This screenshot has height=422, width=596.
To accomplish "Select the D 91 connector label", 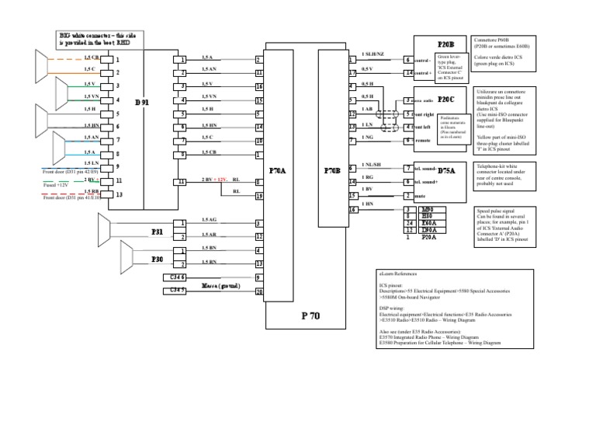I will click(x=142, y=103).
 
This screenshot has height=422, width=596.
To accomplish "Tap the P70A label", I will click(x=278, y=169).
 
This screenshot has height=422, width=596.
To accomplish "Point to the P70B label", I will click(x=334, y=169).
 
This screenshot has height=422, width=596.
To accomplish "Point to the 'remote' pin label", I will click(x=423, y=141).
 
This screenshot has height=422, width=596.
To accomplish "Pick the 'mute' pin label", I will click(x=420, y=196).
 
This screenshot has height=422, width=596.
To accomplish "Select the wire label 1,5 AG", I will click(x=210, y=220).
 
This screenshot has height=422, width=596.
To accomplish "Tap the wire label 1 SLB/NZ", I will click(x=372, y=54).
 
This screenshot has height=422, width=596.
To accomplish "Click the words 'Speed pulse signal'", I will click(x=494, y=210).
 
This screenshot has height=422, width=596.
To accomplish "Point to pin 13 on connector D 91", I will click(x=118, y=194).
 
